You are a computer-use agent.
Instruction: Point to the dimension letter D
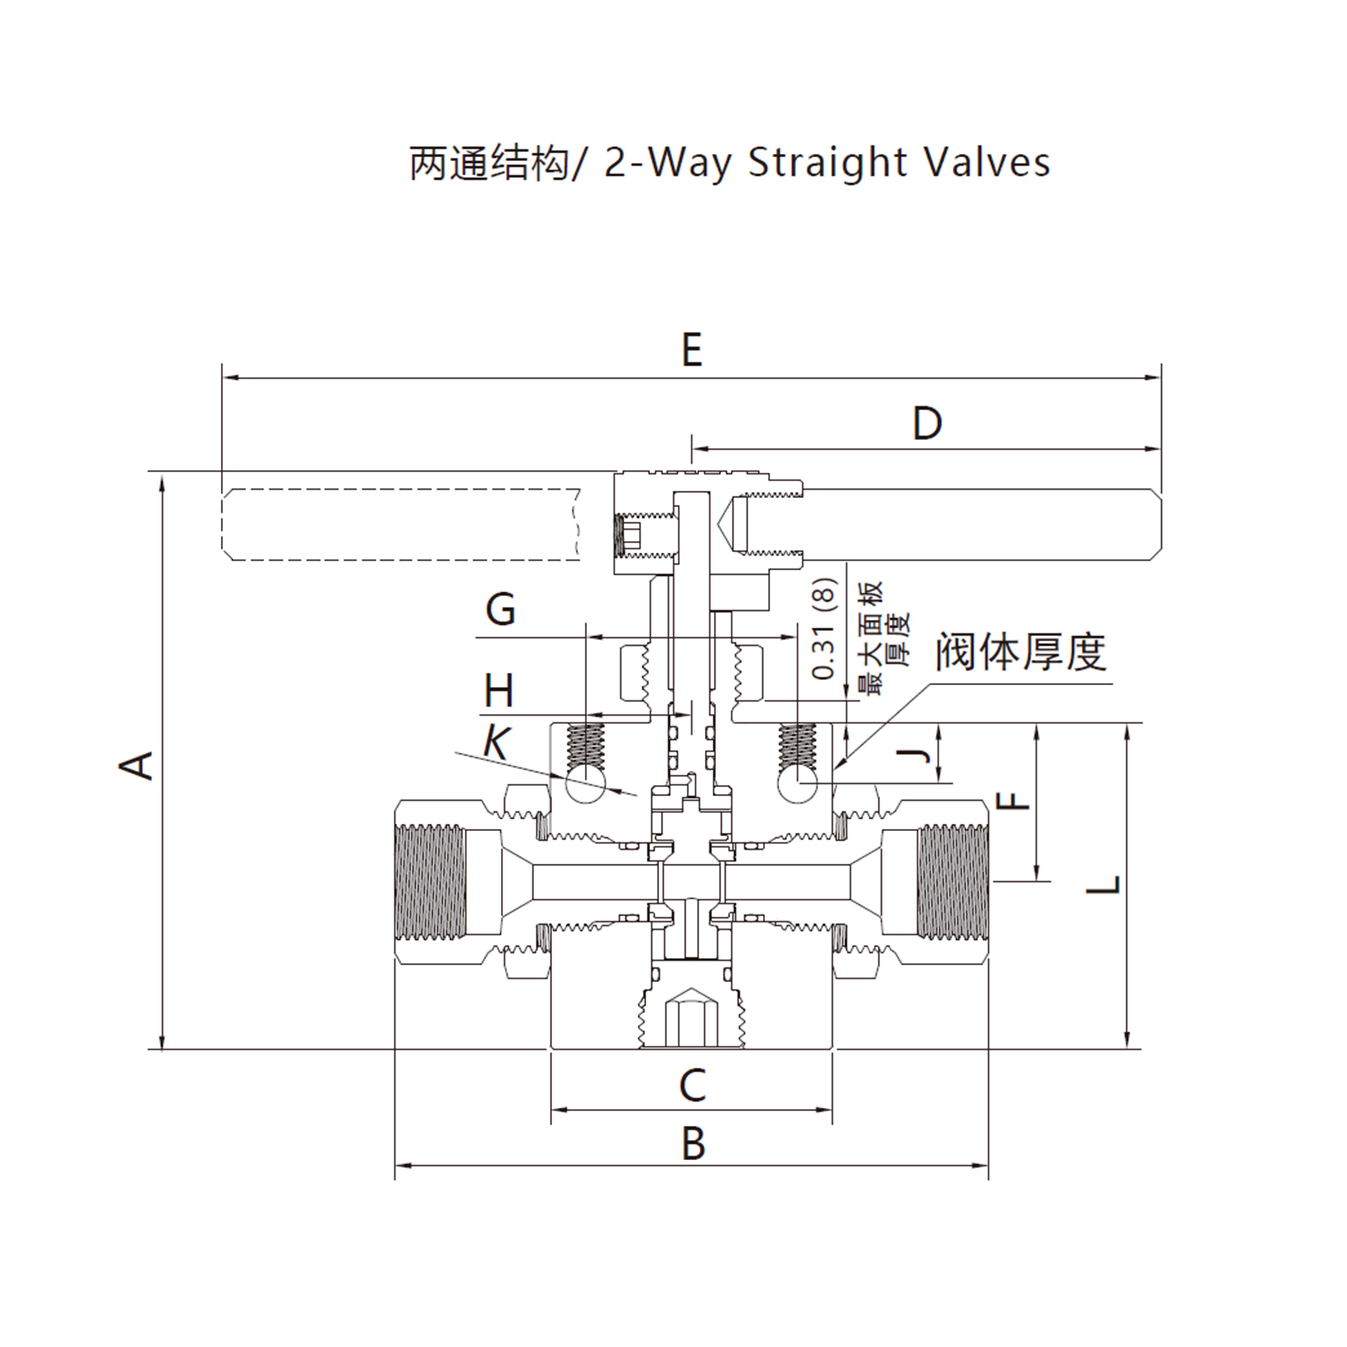tap(927, 423)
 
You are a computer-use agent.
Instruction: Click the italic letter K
tap(496, 742)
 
